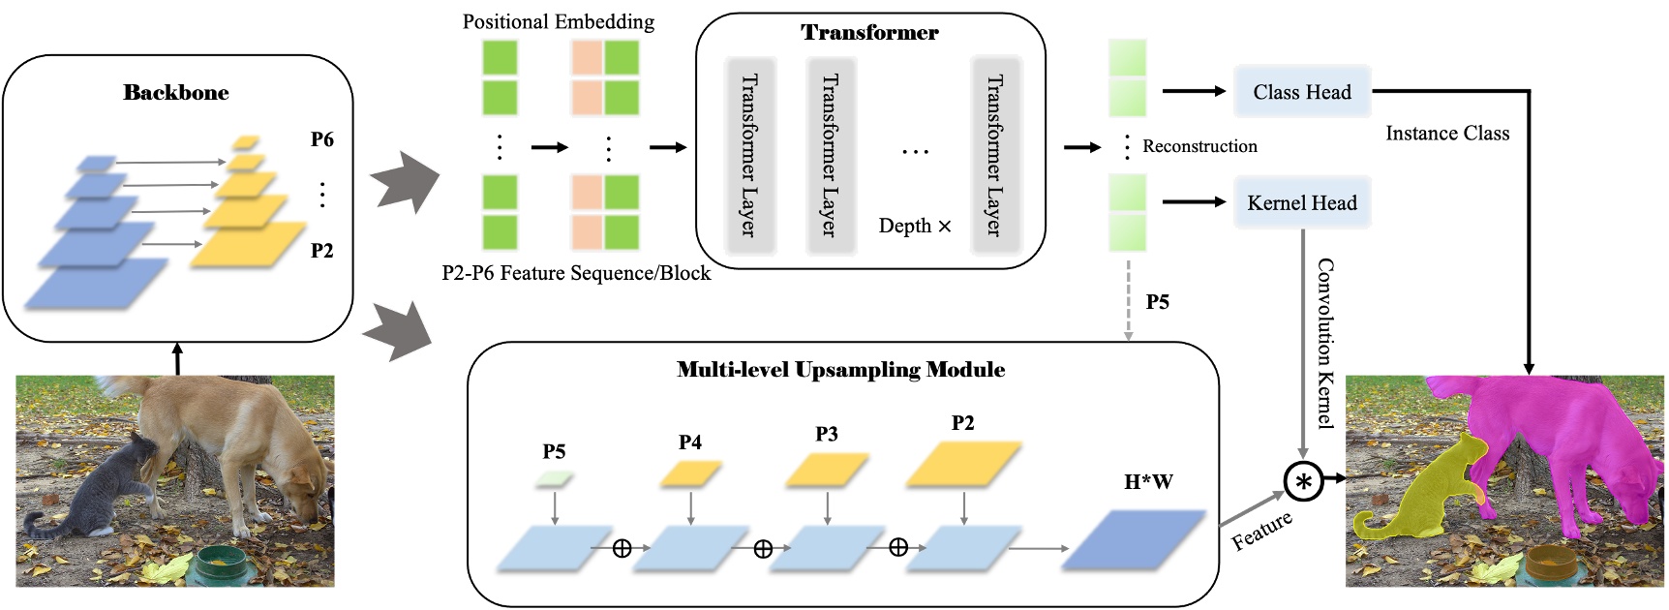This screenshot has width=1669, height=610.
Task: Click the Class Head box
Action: tap(1301, 92)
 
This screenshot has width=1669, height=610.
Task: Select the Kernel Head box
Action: tap(1301, 202)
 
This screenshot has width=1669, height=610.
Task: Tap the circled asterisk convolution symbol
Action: tap(1303, 481)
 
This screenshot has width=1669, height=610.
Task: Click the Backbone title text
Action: tap(176, 93)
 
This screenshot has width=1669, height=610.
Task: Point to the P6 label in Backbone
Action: tap(322, 139)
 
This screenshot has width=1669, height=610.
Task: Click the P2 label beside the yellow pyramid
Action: tap(322, 251)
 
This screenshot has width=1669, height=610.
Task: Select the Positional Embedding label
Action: tap(558, 21)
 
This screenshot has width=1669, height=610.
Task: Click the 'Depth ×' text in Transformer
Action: tap(914, 226)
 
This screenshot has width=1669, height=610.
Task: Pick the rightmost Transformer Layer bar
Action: tap(995, 155)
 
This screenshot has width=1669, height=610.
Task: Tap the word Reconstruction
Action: tap(1199, 146)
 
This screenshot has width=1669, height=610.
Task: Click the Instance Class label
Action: tap(1446, 134)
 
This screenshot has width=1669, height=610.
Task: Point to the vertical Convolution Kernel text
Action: tap(1325, 343)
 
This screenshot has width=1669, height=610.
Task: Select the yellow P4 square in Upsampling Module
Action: tap(690, 473)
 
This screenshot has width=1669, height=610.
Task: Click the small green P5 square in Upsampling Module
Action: tap(554, 478)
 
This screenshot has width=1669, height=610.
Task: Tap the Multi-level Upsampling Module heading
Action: tap(840, 370)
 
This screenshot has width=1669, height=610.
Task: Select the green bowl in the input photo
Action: tap(224, 565)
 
